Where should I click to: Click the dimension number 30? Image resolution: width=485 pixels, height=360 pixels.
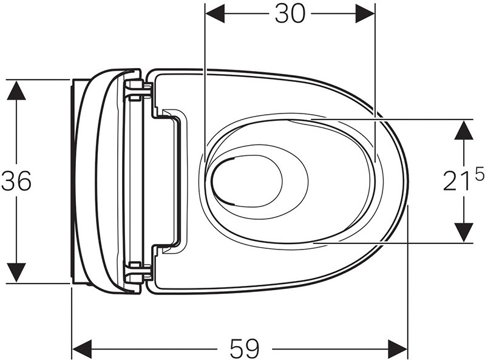(x=290, y=13)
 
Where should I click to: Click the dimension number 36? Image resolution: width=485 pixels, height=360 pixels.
(x=16, y=181)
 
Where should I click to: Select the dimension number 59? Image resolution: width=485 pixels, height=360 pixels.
(x=245, y=348)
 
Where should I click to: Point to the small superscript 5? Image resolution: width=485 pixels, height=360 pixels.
(x=479, y=175)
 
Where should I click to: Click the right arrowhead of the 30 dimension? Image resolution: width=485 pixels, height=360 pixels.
(x=365, y=13)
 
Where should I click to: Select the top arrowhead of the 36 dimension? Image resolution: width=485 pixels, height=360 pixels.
(x=16, y=90)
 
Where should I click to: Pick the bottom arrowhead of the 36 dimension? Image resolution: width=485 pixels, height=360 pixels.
(x=16, y=273)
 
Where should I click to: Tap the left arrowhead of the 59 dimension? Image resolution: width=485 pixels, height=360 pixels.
(x=82, y=348)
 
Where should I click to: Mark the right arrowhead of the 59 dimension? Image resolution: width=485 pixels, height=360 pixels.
(x=398, y=348)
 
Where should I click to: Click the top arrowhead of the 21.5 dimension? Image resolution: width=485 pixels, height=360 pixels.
(x=464, y=129)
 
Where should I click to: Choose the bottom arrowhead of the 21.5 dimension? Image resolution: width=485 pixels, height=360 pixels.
(x=464, y=233)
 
